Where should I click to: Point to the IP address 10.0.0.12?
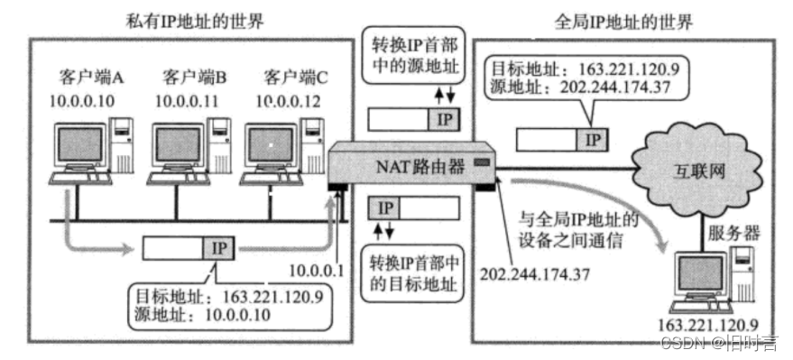point(288,99)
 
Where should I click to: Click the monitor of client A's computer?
point(79,146)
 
